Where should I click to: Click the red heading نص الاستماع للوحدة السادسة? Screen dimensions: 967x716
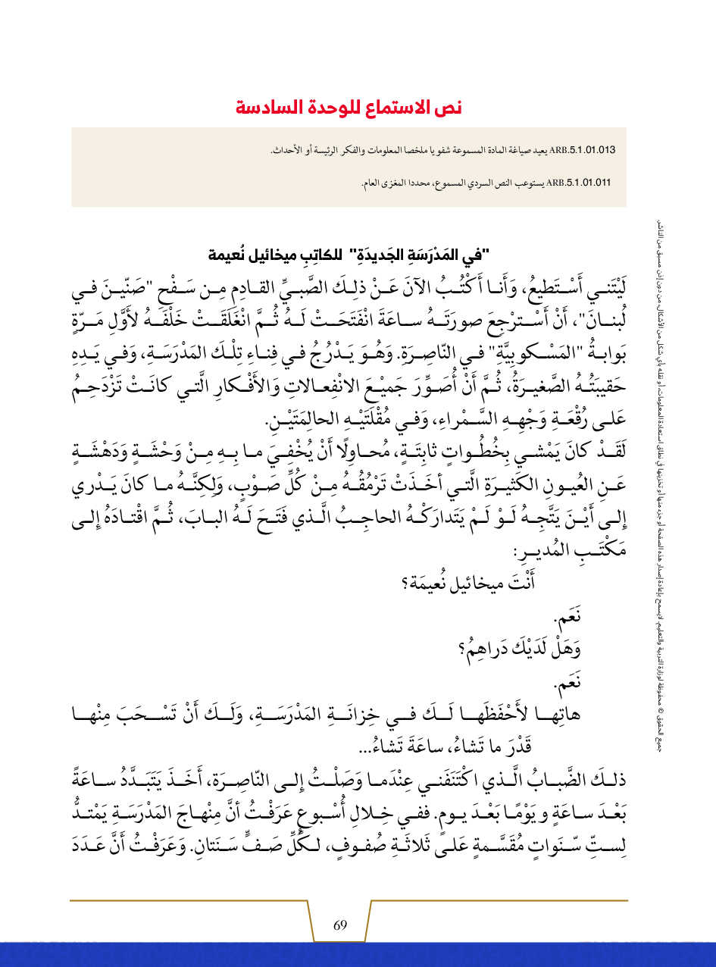click(348, 107)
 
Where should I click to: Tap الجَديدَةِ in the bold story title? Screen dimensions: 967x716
click(402, 254)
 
